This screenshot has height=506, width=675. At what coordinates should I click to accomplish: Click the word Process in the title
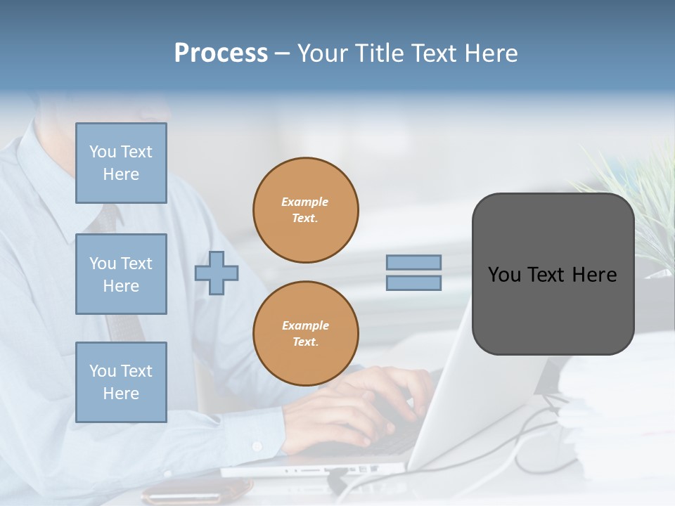[221, 53]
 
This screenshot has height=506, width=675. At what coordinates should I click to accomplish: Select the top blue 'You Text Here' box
[121, 163]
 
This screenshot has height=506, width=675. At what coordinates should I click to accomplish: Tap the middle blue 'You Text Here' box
[121, 274]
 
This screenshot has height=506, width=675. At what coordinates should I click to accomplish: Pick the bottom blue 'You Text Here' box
[121, 382]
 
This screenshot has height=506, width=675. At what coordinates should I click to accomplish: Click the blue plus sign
[216, 273]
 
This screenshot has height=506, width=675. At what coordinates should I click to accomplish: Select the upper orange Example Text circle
[306, 209]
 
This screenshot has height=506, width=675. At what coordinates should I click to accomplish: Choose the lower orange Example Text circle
[306, 333]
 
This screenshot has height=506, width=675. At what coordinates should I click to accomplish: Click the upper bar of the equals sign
[413, 263]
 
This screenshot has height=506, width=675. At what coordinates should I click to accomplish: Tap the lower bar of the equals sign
[413, 283]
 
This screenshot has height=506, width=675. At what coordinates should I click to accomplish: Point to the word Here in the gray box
[594, 275]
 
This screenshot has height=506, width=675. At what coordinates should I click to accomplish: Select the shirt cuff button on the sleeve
[257, 446]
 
